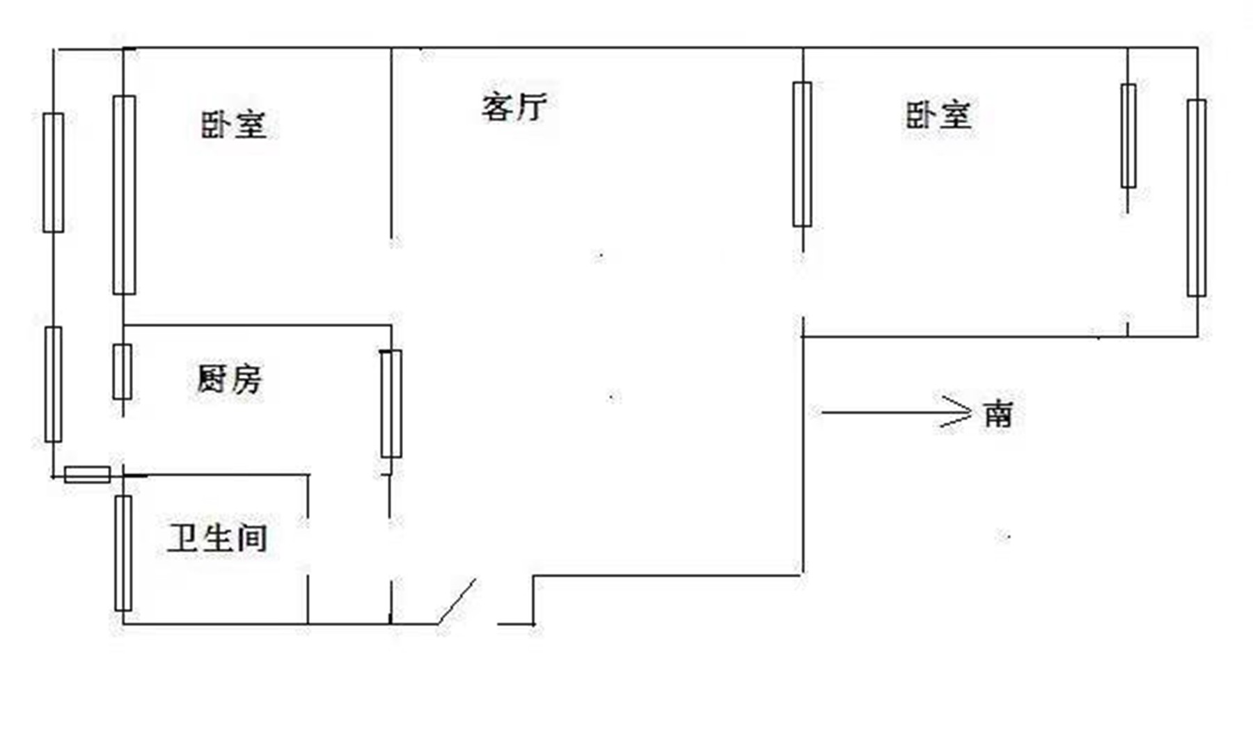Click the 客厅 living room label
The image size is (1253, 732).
point(514,107)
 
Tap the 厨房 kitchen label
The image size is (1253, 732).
point(229,380)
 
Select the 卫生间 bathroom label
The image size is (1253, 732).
point(217,538)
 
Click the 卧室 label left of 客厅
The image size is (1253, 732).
point(233,125)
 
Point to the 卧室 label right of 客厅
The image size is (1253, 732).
point(938,115)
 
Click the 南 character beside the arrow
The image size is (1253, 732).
point(998,414)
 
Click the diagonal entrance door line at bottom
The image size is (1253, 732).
point(457,601)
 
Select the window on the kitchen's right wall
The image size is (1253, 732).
point(391,404)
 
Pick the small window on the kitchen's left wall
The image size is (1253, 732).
point(123,372)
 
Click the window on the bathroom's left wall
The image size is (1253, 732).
point(123,553)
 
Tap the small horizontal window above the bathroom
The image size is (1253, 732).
point(87,475)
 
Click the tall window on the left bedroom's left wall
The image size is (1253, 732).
point(124,195)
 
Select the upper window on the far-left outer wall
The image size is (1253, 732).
point(54,173)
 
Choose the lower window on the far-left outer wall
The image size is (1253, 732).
point(53,384)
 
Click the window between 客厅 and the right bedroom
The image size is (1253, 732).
point(802,154)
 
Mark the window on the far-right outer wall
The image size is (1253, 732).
point(1197,198)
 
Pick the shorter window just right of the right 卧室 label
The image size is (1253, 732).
point(1128,136)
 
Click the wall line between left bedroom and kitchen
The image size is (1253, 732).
point(258,325)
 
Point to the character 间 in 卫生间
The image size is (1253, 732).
point(252,538)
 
